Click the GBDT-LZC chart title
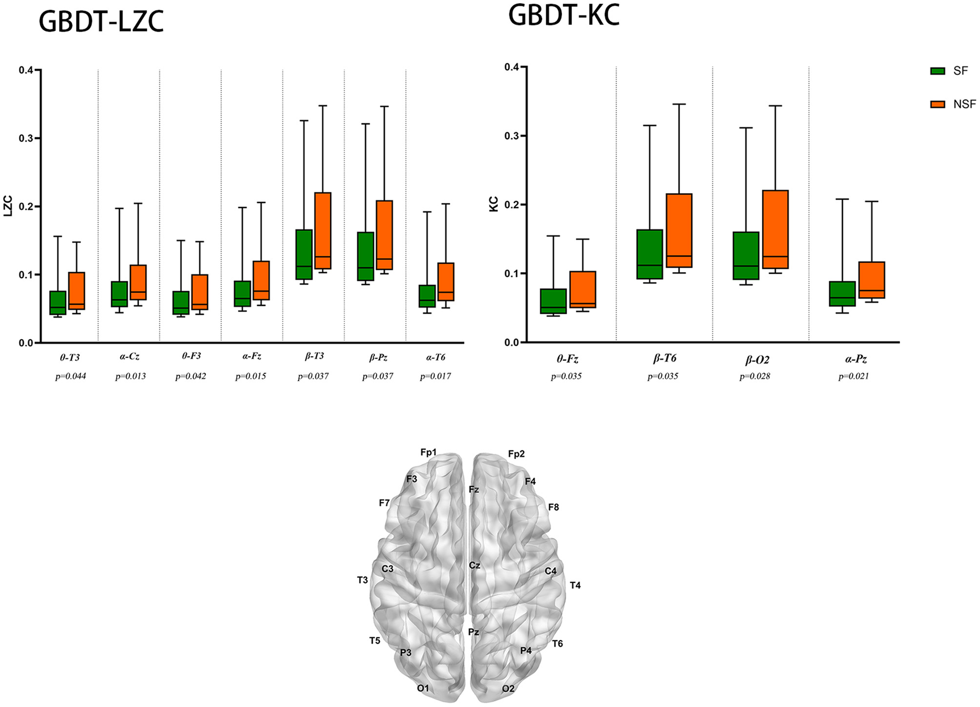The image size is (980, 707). click(101, 22)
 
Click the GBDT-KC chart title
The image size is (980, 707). click(564, 15)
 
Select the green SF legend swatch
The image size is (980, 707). click(937, 71)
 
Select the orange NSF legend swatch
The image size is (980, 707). click(937, 104)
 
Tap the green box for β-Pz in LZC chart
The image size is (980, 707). click(366, 256)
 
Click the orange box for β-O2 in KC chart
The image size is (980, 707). click(775, 230)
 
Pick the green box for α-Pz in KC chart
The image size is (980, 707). click(842, 294)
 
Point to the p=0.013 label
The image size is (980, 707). click(131, 376)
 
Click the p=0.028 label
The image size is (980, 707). click(755, 376)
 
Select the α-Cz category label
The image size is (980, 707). click(129, 357)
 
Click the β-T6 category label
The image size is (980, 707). click(664, 358)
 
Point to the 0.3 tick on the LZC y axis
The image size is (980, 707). click(26, 138)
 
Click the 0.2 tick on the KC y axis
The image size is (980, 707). click(512, 205)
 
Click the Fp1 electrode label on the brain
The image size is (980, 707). click(428, 453)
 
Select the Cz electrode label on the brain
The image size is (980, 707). click(475, 565)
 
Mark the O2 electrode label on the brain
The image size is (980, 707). click(508, 689)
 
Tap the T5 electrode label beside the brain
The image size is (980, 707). click(375, 641)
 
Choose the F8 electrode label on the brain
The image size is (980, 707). click(553, 507)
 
